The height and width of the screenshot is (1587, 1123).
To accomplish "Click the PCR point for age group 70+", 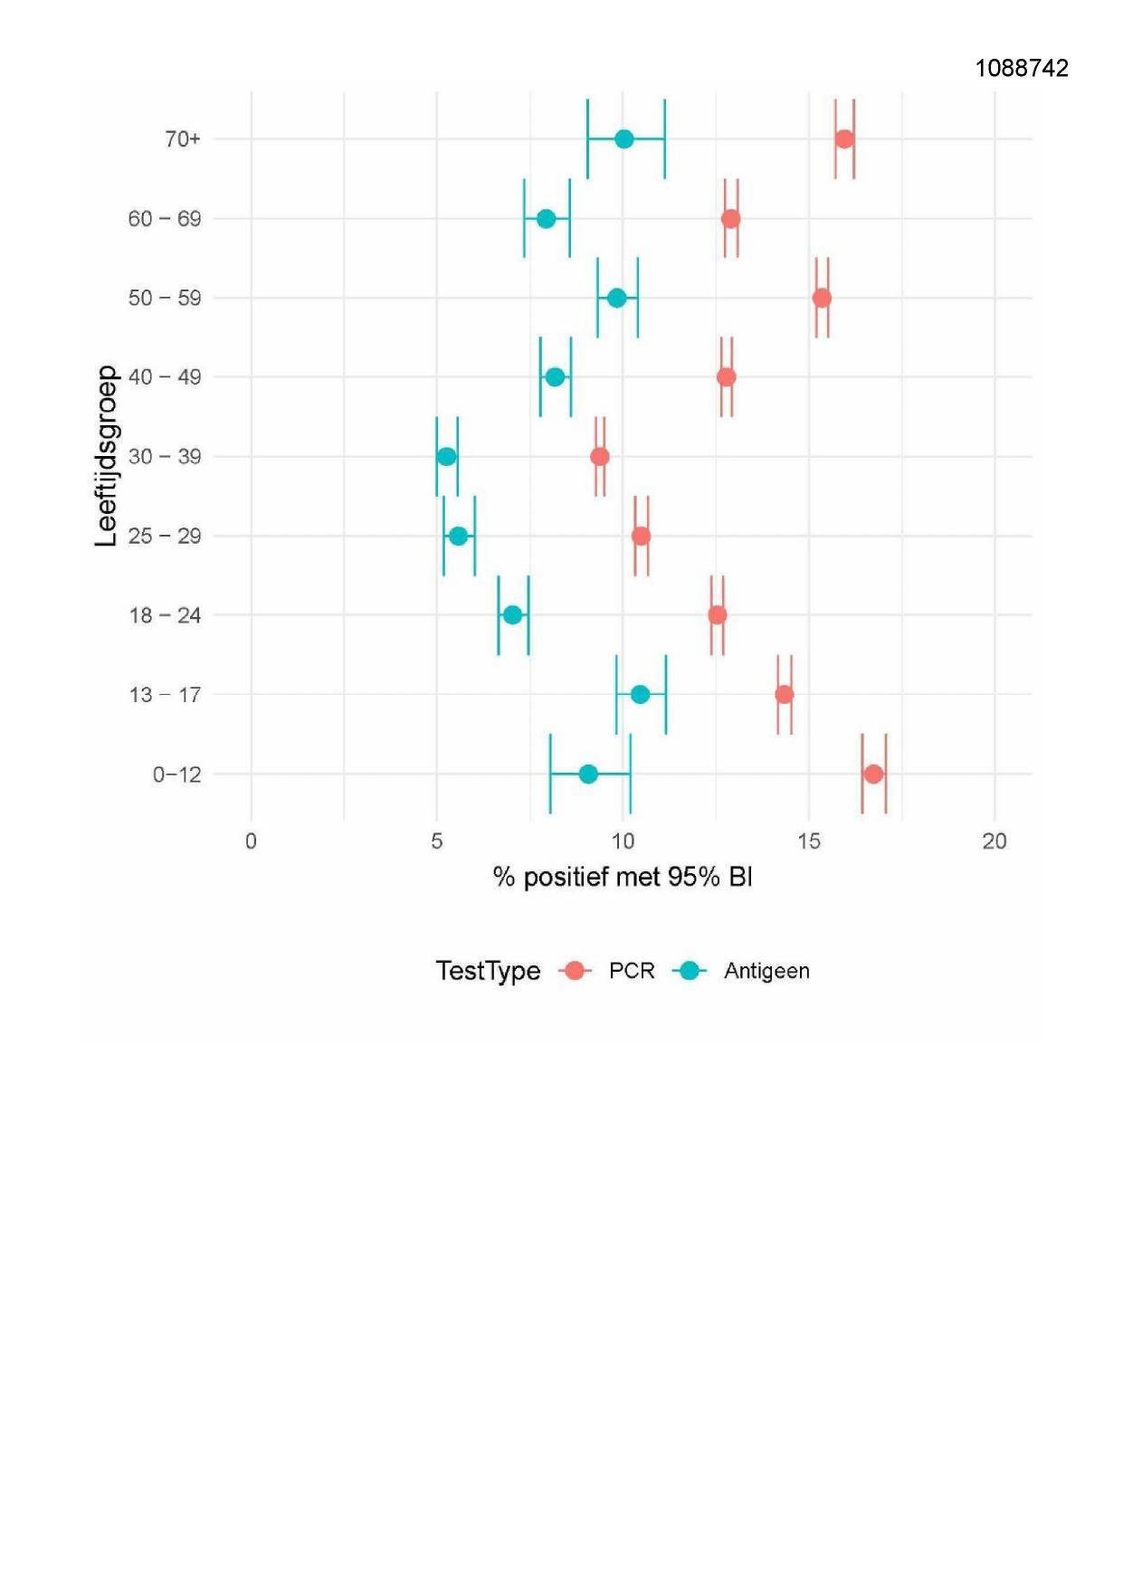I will [844, 139].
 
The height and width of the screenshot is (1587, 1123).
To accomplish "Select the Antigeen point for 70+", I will [624, 139].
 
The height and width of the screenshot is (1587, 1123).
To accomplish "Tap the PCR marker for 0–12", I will [873, 774].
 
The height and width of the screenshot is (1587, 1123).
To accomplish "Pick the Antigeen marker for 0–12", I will [588, 774].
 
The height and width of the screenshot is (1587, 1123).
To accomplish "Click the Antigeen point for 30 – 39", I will [447, 457].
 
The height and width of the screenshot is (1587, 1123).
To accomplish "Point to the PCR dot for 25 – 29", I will [641, 537].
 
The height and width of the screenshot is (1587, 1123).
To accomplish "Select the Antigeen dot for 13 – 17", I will [640, 695].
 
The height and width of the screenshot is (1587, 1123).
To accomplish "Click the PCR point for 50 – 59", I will [822, 299].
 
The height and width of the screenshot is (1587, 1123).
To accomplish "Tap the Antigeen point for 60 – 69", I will [547, 219].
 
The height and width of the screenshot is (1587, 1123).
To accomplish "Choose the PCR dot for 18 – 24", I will [718, 615].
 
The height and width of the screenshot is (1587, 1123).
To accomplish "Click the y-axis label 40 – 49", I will [165, 377].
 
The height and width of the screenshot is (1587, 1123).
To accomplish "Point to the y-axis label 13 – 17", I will [165, 695].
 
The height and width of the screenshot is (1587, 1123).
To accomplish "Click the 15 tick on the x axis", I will [809, 841].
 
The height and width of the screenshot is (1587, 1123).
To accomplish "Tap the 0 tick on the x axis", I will [251, 841].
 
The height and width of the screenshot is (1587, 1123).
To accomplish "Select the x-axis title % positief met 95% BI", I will [623, 877].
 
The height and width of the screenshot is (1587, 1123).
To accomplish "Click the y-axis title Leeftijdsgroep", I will [107, 456].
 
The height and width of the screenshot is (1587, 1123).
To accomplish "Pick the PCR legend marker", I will [575, 971].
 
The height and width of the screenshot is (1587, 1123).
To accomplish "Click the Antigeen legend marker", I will [690, 971].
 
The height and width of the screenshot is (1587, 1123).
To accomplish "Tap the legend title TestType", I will [488, 971].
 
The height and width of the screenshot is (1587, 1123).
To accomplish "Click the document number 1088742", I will [1022, 69].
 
